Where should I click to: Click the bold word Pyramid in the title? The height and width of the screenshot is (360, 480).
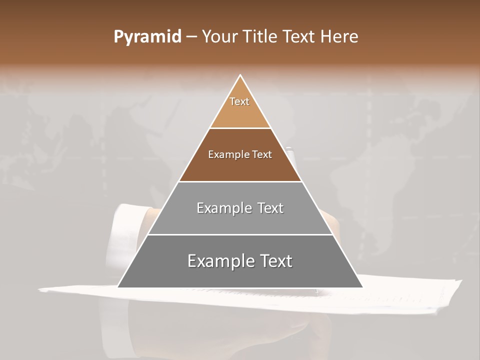(x=147, y=37)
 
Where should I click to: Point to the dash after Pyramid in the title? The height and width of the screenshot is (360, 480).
(x=191, y=37)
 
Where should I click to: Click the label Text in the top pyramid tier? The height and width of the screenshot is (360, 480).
(x=239, y=101)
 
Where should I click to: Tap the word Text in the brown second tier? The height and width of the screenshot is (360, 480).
(x=262, y=155)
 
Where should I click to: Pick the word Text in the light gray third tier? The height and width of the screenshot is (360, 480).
(x=270, y=208)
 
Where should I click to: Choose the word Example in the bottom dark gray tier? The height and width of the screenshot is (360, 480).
(x=217, y=261)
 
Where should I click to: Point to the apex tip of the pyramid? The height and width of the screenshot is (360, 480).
(x=240, y=75)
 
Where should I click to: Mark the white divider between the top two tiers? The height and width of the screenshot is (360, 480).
(x=240, y=128)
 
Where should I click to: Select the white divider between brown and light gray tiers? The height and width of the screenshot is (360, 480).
(x=240, y=181)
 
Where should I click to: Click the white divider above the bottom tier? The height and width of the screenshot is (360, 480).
(x=240, y=234)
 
